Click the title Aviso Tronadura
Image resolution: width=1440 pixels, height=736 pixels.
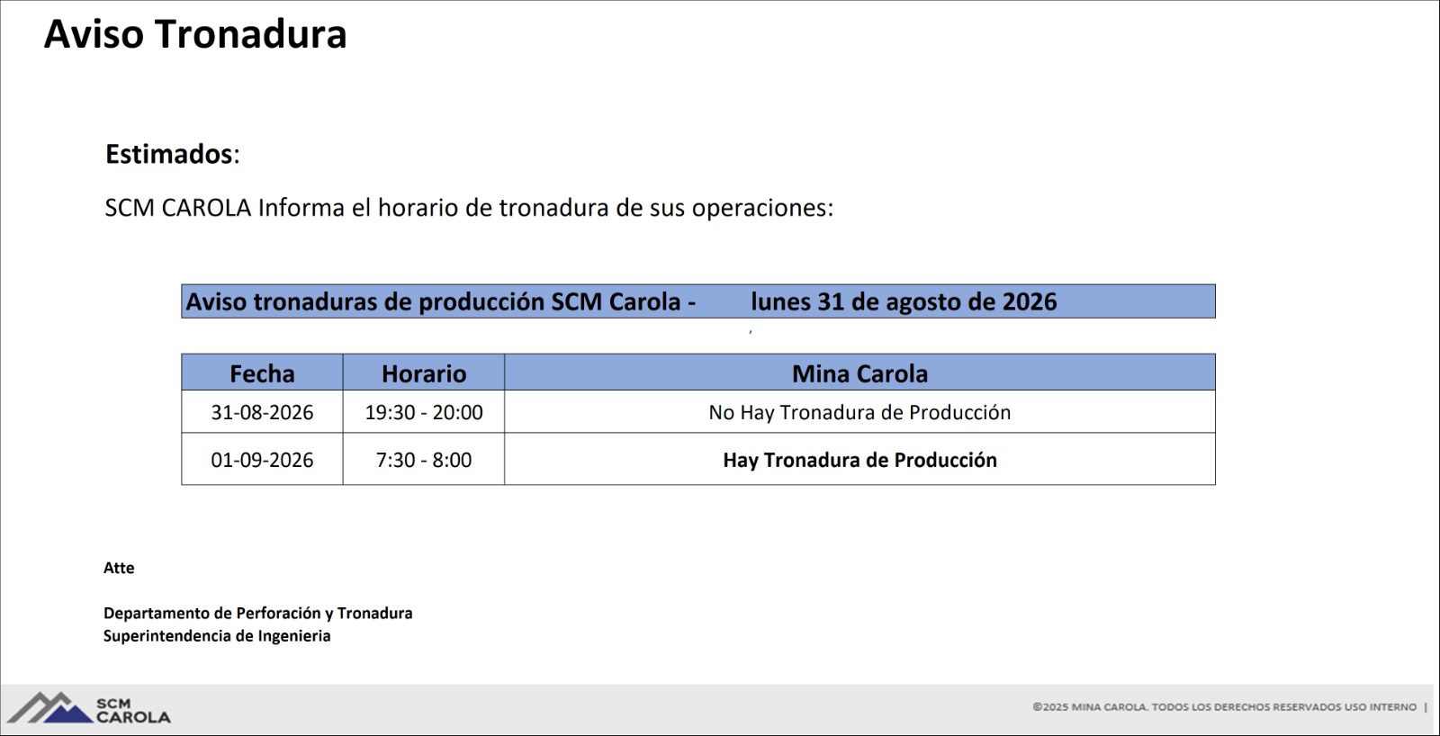click(195, 34)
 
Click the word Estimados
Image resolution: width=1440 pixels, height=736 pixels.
click(168, 154)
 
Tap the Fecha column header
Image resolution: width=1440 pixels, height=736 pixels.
click(262, 373)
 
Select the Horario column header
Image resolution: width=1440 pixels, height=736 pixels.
click(424, 373)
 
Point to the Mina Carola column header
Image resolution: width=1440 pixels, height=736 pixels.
click(859, 373)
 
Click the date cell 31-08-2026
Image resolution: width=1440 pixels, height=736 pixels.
click(262, 412)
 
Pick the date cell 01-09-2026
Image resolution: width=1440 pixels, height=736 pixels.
click(262, 460)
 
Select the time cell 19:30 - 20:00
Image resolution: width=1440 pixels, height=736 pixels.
click(424, 412)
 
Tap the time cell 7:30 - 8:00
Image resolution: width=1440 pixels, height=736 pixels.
click(424, 460)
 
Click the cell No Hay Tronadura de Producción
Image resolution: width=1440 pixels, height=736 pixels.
click(859, 412)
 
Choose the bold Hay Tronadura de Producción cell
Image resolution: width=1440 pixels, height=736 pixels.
click(859, 460)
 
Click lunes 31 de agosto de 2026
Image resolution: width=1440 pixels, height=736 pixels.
click(904, 301)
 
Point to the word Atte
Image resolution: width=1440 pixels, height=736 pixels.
click(119, 568)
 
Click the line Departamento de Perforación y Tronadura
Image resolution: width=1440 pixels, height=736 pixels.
click(257, 614)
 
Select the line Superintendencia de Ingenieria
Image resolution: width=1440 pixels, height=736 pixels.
click(217, 636)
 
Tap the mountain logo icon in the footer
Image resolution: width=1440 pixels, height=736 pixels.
click(50, 708)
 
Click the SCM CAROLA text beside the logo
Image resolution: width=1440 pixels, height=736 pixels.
click(133, 710)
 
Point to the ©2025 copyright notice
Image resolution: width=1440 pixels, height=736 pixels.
click(1225, 707)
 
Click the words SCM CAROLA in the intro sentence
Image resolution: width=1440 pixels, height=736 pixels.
click(178, 208)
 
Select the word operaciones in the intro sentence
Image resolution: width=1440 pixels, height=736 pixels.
click(762, 208)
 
